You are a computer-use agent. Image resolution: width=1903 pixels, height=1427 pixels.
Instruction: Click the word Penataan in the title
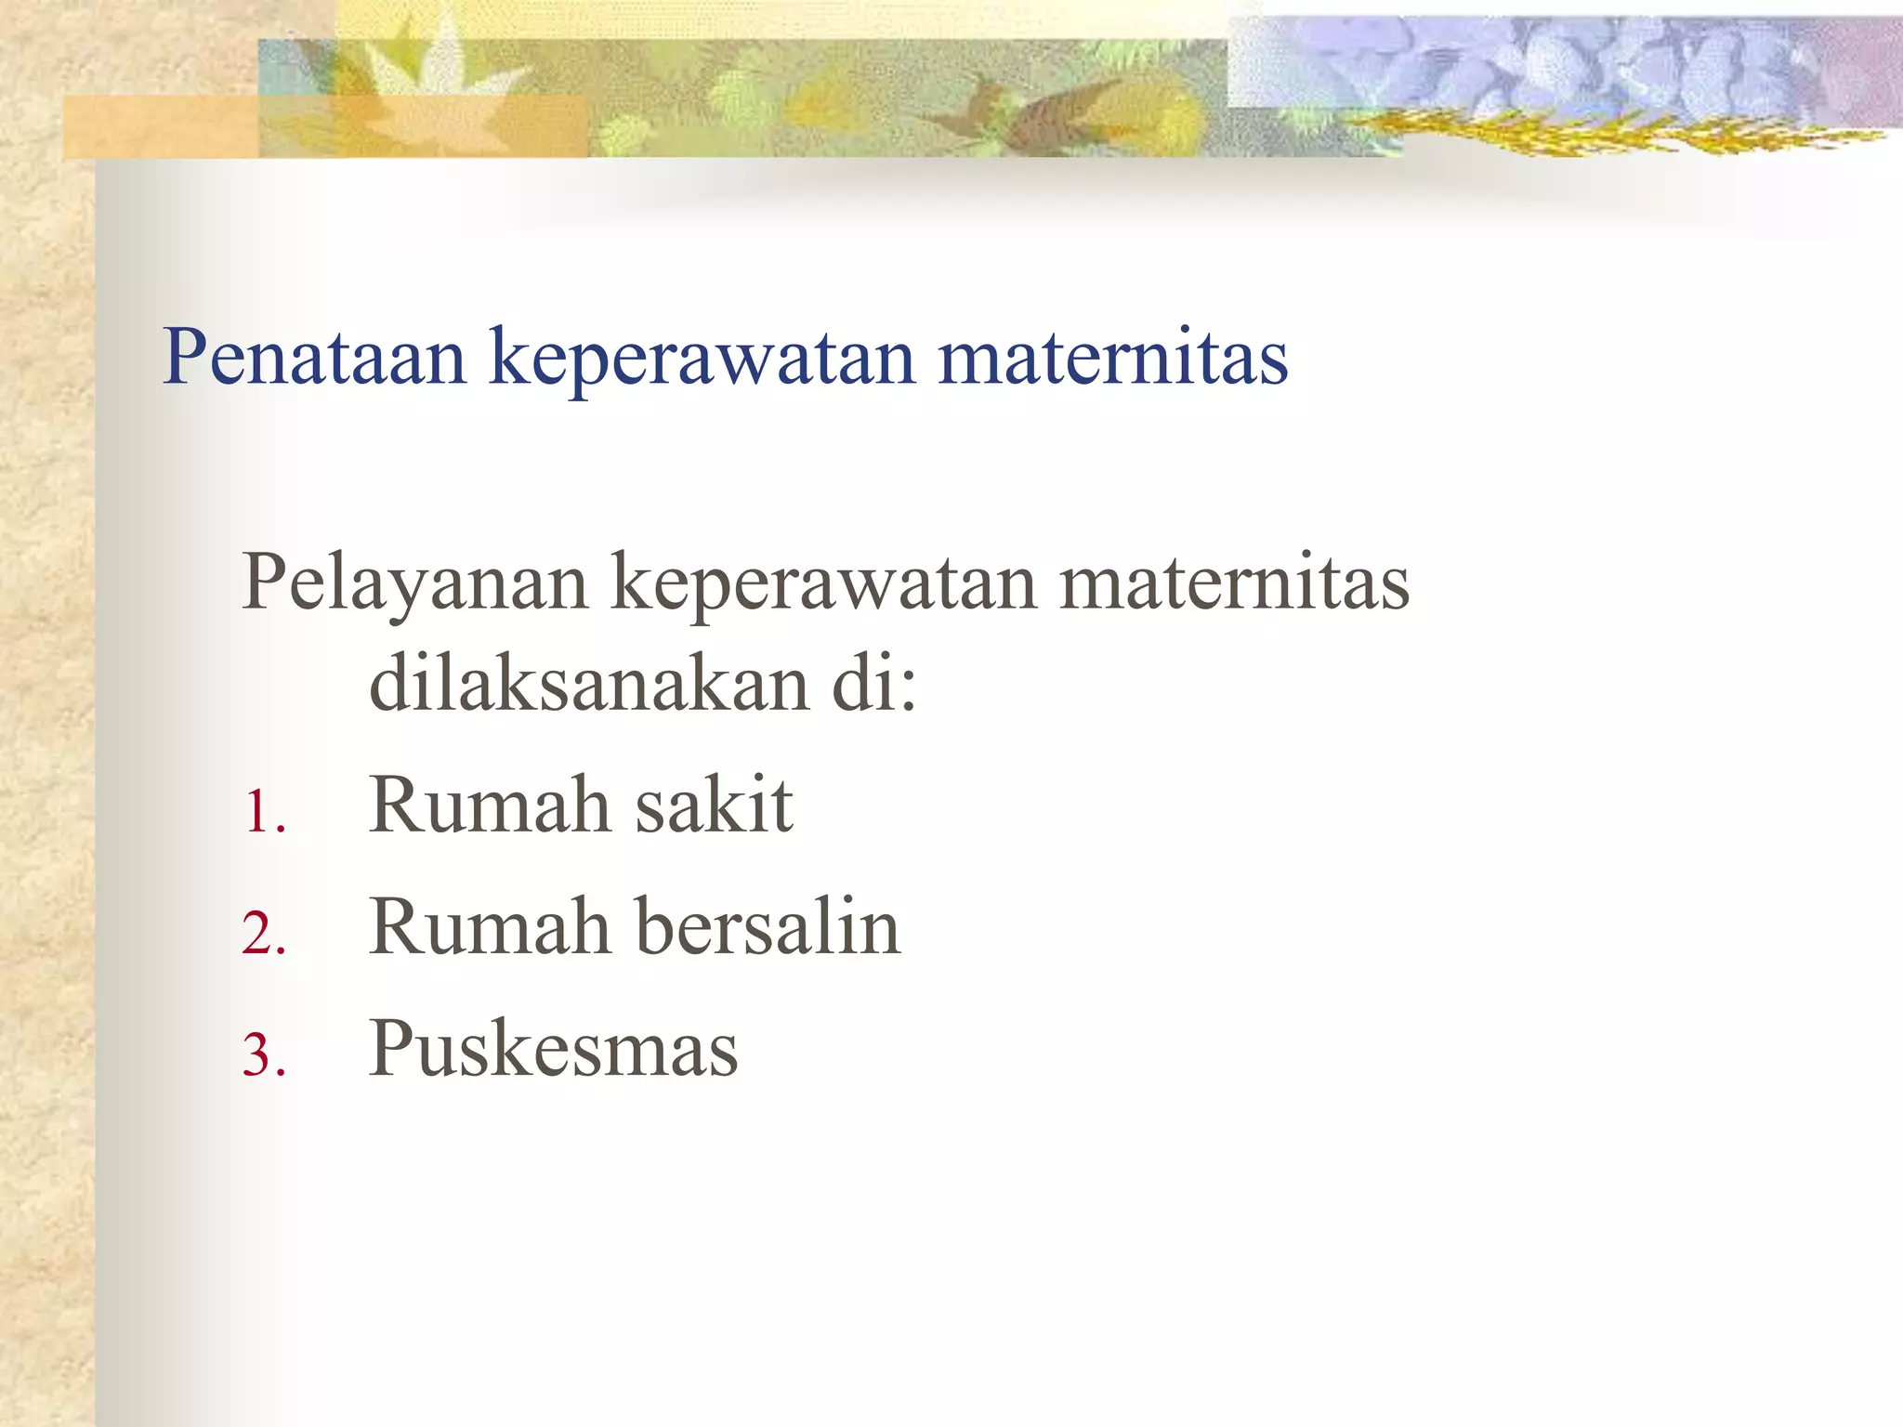click(x=314, y=357)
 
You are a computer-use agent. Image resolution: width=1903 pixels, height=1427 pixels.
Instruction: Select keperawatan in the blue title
click(x=702, y=360)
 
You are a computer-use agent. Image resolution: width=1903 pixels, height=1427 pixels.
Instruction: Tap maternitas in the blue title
click(x=1112, y=357)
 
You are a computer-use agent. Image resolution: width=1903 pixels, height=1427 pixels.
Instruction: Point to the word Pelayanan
click(x=414, y=583)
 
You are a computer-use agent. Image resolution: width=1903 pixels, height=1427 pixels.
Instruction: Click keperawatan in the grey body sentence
click(x=823, y=585)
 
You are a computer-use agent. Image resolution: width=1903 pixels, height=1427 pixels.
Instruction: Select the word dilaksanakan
click(x=589, y=683)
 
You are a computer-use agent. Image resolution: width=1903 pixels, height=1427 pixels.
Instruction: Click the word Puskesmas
click(x=554, y=1049)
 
